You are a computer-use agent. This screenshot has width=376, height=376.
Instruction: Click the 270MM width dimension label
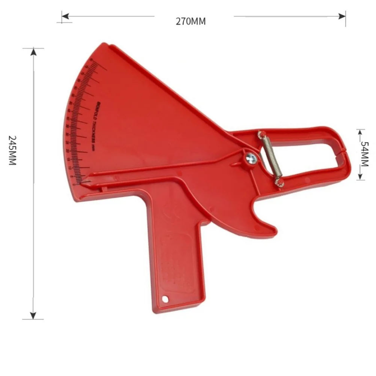[191, 21]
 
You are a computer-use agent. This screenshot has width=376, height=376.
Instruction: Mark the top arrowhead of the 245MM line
[33, 51]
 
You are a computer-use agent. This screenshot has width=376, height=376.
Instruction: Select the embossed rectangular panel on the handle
[177, 259]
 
